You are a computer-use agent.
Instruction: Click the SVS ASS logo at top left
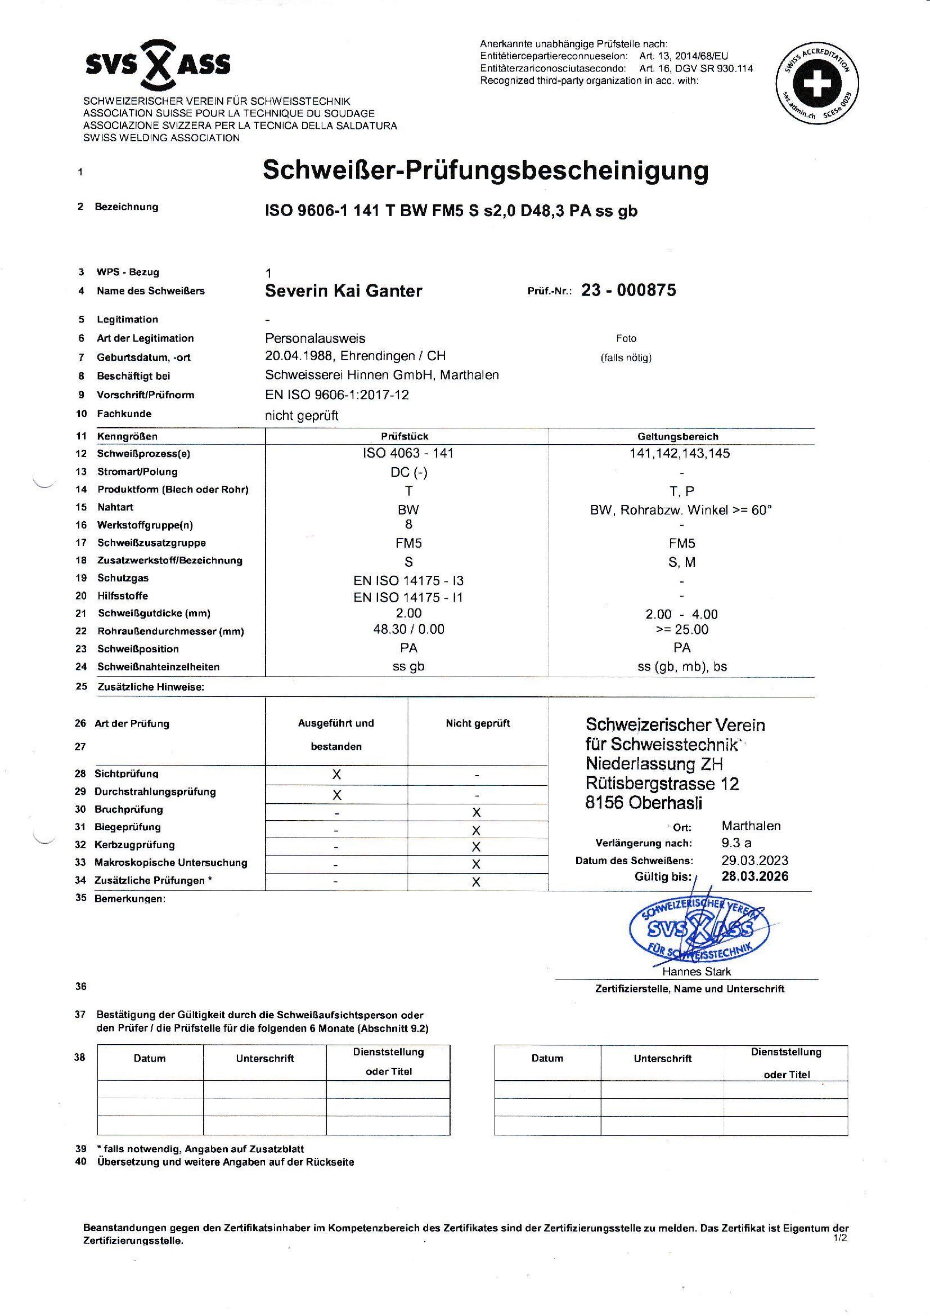(x=158, y=64)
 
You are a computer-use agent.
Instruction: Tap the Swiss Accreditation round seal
(x=816, y=84)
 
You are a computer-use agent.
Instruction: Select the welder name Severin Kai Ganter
(x=343, y=291)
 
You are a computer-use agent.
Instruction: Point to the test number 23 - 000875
(x=628, y=290)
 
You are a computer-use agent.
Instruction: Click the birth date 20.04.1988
(x=299, y=356)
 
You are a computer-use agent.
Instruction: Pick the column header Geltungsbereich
(x=681, y=437)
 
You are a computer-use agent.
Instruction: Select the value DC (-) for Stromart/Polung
(x=408, y=472)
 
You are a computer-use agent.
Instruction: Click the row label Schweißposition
(x=137, y=649)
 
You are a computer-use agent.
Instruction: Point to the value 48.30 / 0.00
(x=408, y=629)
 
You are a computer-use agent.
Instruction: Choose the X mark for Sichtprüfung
(x=336, y=775)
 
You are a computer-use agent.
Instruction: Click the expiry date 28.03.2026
(x=754, y=876)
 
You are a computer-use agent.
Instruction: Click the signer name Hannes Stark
(x=696, y=972)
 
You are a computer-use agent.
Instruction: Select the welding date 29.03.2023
(x=754, y=860)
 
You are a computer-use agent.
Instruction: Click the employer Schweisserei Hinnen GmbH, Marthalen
(x=381, y=375)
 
